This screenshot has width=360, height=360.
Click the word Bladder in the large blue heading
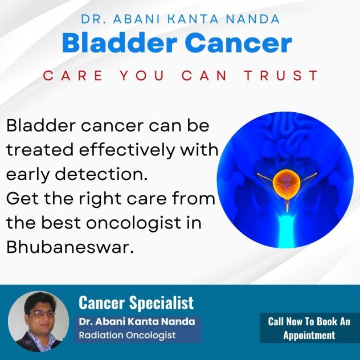120,43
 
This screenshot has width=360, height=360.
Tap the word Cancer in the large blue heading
239,43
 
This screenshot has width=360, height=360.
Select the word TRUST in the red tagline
281,75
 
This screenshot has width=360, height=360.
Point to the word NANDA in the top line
252,19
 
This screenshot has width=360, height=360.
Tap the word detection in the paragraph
101,174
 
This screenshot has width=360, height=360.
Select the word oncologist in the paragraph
134,223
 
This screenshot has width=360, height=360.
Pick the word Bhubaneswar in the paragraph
70,247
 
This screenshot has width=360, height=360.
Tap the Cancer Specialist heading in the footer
136,302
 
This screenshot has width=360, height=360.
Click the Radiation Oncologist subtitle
127,335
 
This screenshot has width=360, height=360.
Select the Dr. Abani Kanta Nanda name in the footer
137,321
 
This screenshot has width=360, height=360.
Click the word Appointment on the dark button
309,336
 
